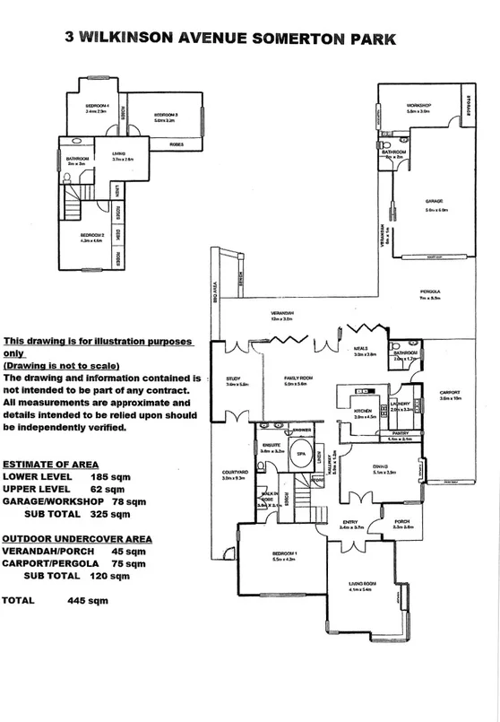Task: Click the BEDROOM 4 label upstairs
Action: click(x=96, y=106)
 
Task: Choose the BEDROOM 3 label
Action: click(x=166, y=115)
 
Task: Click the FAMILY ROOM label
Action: click(x=296, y=378)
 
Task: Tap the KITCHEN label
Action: click(x=365, y=412)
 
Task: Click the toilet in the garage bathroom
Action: click(x=384, y=144)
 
